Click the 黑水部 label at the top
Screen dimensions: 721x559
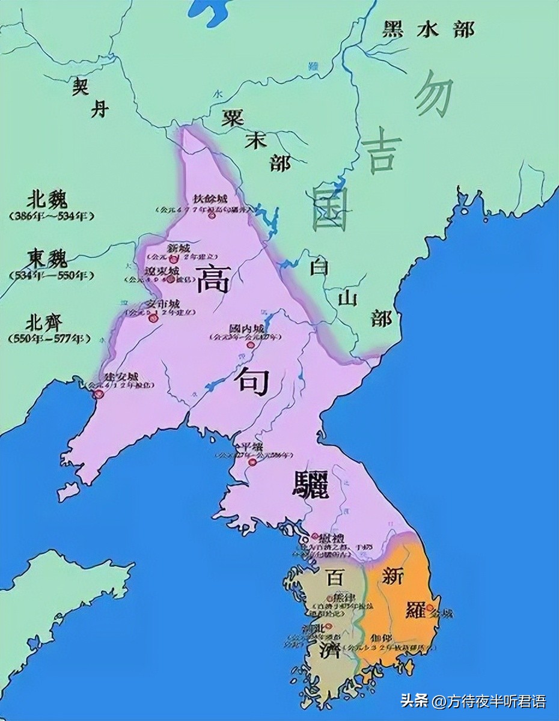(428, 29)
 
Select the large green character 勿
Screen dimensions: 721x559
(433, 93)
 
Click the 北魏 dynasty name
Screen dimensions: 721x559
(47, 199)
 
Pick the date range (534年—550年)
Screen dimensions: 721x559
(52, 275)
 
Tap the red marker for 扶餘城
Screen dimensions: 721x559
(212, 214)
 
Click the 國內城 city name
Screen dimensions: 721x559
(246, 329)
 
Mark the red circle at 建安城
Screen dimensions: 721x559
(100, 394)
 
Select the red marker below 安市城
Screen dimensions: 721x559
(153, 318)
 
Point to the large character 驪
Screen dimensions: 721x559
(311, 483)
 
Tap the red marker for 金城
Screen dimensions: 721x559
(431, 612)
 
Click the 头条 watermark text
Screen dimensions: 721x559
(414, 701)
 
